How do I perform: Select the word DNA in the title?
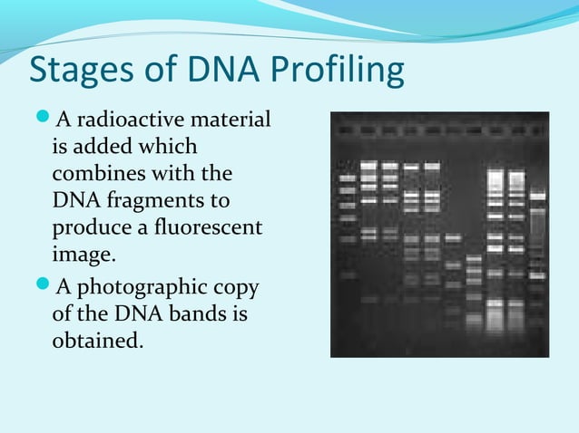point(210,72)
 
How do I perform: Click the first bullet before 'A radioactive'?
point(44,120)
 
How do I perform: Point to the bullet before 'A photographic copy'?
point(44,289)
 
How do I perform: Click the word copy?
point(238,289)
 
